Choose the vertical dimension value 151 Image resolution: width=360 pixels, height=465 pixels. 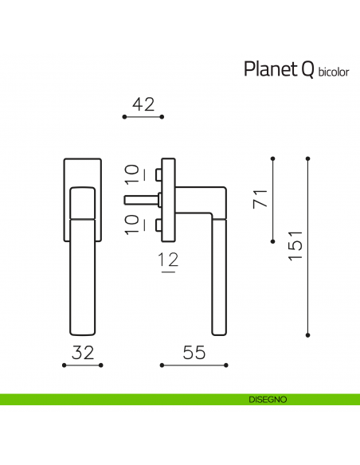pyautogui.click(x=295, y=244)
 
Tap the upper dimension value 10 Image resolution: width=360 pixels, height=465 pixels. pyautogui.click(x=131, y=175)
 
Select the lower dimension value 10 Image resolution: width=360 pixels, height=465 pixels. pyautogui.click(x=131, y=222)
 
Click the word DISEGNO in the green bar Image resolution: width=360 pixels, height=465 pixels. pyautogui.click(x=261, y=398)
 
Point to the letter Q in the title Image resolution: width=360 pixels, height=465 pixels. pyautogui.click(x=307, y=71)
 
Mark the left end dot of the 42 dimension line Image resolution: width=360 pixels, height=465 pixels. pyautogui.click(x=124, y=117)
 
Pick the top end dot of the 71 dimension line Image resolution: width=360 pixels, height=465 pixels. pyautogui.click(x=273, y=158)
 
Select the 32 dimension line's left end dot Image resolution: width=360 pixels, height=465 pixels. pyautogui.click(x=64, y=365)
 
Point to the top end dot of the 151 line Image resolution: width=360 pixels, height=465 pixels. pyautogui.click(x=308, y=158)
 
